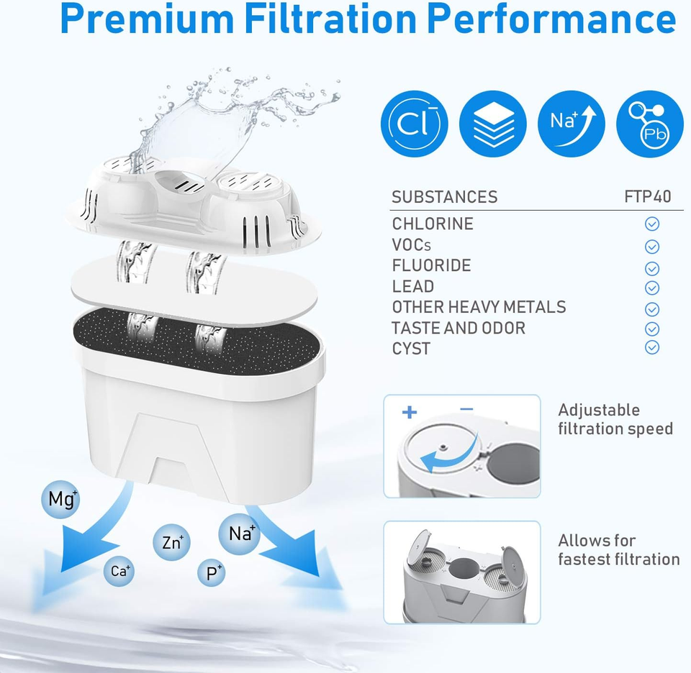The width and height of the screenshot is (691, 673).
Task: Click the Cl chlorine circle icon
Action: (415, 124)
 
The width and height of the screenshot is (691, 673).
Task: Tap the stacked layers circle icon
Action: (492, 124)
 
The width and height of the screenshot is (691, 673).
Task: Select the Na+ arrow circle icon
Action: (571, 124)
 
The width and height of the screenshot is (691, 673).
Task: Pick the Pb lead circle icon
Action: (649, 124)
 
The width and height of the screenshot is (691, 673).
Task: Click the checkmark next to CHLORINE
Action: (652, 224)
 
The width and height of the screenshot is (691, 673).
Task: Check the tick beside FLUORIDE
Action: (652, 268)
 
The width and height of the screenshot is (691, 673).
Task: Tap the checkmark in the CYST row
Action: (652, 348)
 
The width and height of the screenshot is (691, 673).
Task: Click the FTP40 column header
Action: (647, 197)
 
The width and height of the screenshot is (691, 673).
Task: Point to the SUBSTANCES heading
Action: (444, 197)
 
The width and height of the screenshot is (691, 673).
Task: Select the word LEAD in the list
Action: (413, 287)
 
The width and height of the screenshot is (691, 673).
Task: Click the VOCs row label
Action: (411, 245)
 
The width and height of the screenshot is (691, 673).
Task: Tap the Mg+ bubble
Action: (60, 499)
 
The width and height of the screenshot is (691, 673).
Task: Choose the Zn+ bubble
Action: (171, 542)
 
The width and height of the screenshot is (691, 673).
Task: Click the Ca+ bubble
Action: (119, 572)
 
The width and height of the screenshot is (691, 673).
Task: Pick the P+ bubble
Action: (212, 572)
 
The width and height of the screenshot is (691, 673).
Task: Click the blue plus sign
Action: (410, 412)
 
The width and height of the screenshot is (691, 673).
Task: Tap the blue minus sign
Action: (466, 409)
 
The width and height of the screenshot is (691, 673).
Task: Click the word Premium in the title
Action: (147, 20)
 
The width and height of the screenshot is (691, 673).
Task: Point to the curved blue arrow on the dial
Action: (459, 458)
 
